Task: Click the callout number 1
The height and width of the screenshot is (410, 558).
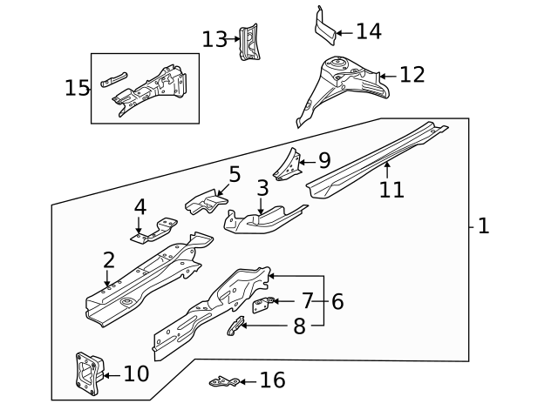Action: (x=484, y=226)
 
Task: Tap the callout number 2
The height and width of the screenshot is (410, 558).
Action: (x=108, y=260)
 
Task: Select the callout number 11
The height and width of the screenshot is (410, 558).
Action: (x=391, y=189)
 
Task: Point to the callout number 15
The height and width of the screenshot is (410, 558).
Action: (x=77, y=88)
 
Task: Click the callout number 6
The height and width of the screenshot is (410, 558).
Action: (x=337, y=302)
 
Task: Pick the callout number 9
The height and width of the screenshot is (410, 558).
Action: (x=323, y=160)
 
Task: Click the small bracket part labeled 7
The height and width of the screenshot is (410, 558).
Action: (x=263, y=303)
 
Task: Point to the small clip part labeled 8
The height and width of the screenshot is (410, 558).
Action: (x=235, y=326)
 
